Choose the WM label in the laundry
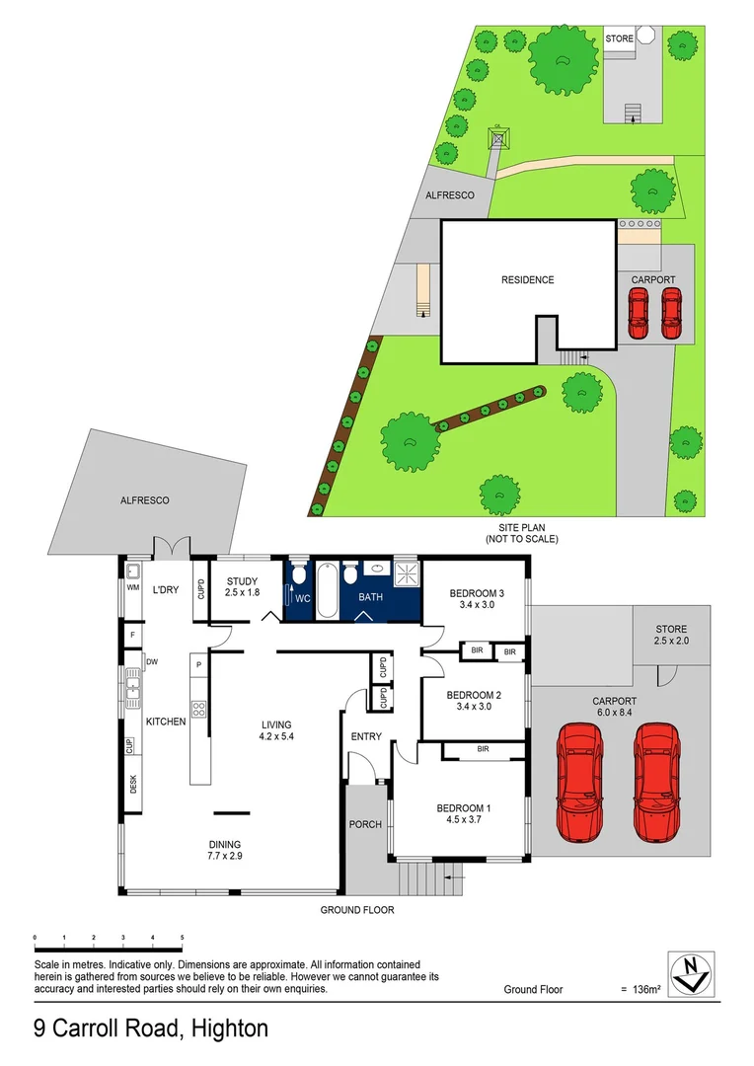pyautogui.click(x=132, y=588)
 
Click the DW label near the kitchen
pyautogui.click(x=152, y=661)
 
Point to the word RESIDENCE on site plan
pyautogui.click(x=528, y=280)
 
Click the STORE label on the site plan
pyautogui.click(x=619, y=38)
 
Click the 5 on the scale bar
pyautogui.click(x=183, y=937)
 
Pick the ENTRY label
pyautogui.click(x=366, y=736)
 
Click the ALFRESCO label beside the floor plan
pyautogui.click(x=145, y=500)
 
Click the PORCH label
pyautogui.click(x=365, y=825)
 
